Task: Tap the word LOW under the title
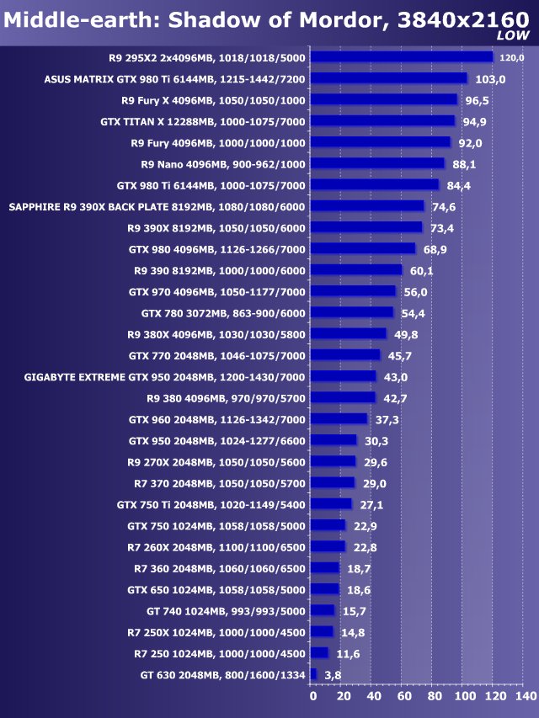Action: [x=513, y=35]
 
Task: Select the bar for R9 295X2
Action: [x=402, y=57]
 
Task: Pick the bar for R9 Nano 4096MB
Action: [x=377, y=163]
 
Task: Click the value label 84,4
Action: [x=458, y=185]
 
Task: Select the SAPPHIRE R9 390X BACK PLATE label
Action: [x=157, y=206]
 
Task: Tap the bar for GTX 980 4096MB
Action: [x=363, y=248]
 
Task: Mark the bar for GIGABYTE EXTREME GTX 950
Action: [x=344, y=376]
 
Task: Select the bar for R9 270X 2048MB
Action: [x=334, y=461]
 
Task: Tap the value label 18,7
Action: [x=359, y=568]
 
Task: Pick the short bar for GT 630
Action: [x=314, y=674]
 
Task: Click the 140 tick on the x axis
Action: [x=525, y=697]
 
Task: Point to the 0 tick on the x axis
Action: [x=312, y=697]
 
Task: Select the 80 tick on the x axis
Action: [x=434, y=697]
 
